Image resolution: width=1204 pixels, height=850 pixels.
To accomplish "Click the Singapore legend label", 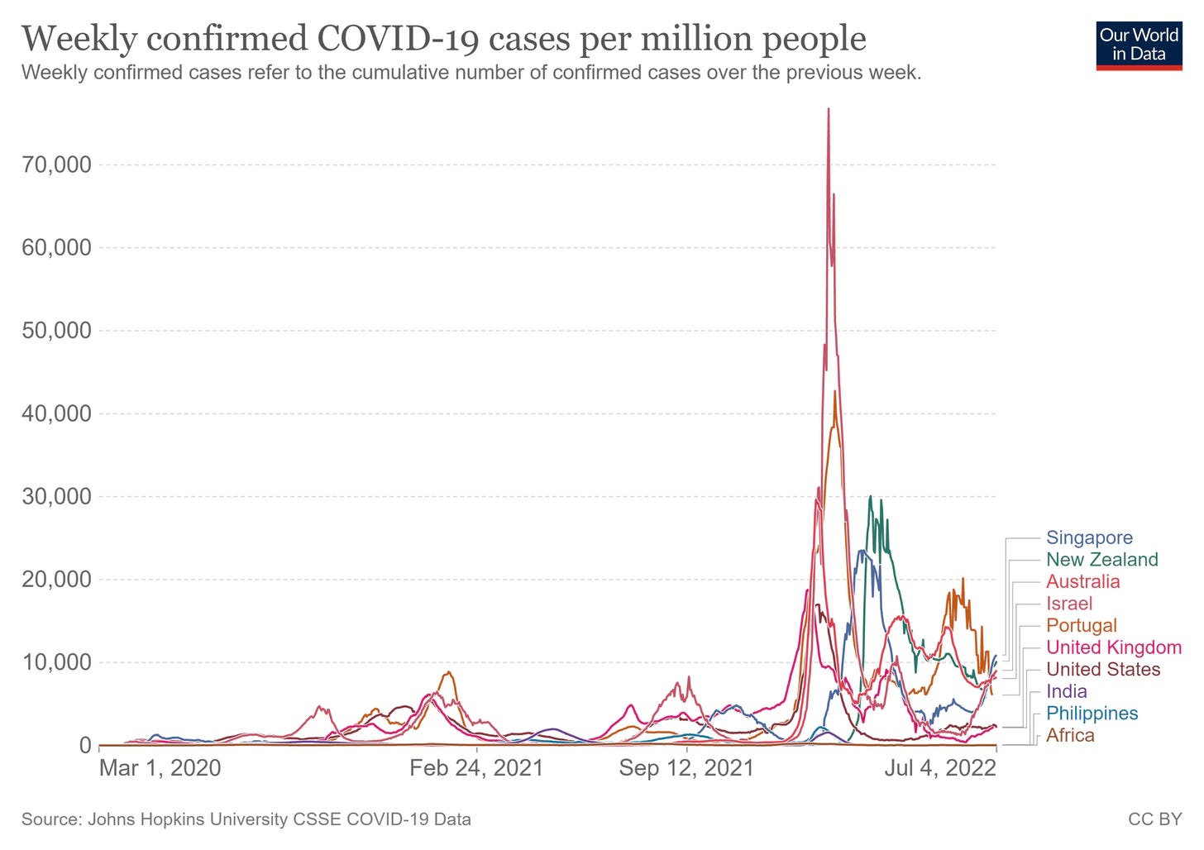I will tap(1089, 537).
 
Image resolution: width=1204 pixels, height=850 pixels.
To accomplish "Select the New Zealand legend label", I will tap(1101, 560).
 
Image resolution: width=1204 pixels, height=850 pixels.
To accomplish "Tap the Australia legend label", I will tap(1082, 581).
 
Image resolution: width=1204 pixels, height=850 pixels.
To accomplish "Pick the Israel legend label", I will tap(1069, 604).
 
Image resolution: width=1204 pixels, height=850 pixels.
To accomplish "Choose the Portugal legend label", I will tap(1081, 625).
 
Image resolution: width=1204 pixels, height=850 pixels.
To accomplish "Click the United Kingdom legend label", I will tap(1113, 647).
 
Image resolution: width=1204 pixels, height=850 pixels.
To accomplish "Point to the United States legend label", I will tap(1103, 669).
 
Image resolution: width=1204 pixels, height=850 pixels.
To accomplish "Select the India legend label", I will tap(1066, 691).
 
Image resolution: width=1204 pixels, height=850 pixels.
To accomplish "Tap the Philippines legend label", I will tap(1092, 713).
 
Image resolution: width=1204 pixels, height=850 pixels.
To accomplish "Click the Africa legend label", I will tap(1070, 735).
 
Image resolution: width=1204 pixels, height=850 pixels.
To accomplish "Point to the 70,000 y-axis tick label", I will tap(57, 165).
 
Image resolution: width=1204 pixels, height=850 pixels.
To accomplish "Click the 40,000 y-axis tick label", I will tap(57, 413).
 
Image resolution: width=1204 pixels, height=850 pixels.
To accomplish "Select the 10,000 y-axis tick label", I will tap(57, 662).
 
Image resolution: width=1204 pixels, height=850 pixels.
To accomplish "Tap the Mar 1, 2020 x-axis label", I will tap(160, 768).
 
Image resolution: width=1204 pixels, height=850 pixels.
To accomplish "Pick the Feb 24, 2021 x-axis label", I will tap(476, 768).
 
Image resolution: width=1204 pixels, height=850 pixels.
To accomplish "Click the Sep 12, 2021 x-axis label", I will tap(686, 768).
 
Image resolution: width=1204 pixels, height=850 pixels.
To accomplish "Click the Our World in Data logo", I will tap(1139, 45).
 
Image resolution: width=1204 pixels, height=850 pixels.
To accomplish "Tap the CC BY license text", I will tap(1155, 819).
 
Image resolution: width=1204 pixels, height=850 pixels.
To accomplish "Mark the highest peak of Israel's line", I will tap(829, 109).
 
